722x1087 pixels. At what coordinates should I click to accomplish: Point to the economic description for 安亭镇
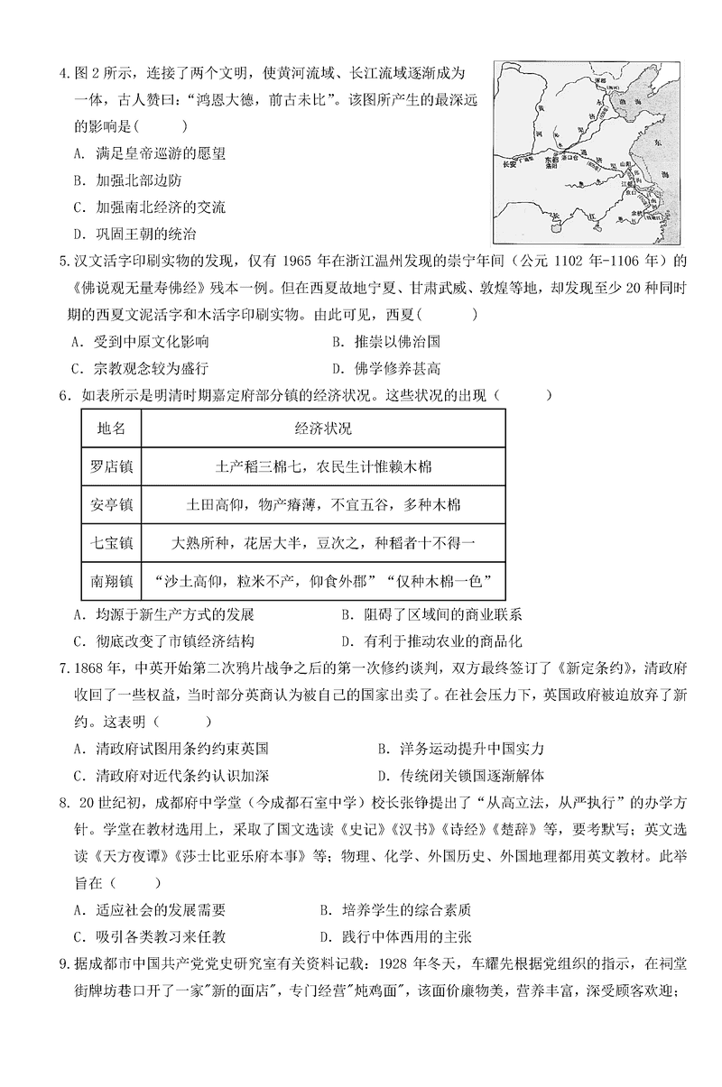pos(323,503)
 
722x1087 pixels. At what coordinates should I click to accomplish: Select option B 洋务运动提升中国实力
pos(460,749)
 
